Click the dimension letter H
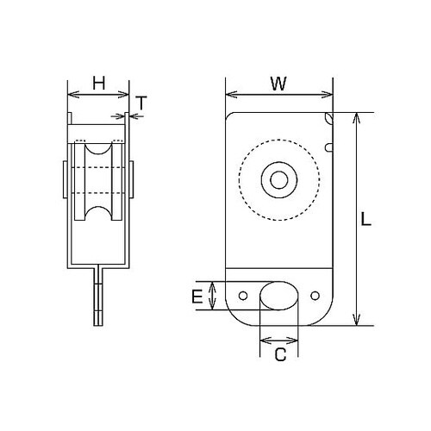click(98, 83)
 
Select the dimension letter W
click(278, 83)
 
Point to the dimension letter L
click(365, 220)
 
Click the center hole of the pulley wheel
click(279, 180)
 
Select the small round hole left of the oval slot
click(244, 296)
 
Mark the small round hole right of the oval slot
click(314, 296)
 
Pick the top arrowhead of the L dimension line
click(356, 117)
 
